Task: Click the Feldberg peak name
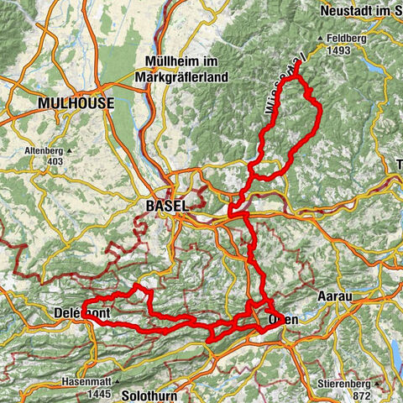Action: pos(348,39)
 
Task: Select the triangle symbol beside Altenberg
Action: pos(69,152)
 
